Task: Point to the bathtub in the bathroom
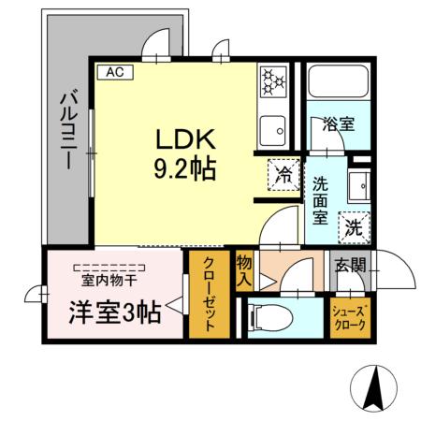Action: point(340,84)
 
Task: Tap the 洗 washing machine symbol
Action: point(353,225)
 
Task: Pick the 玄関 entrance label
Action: point(353,266)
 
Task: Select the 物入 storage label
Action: point(245,269)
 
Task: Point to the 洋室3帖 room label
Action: point(112,312)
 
